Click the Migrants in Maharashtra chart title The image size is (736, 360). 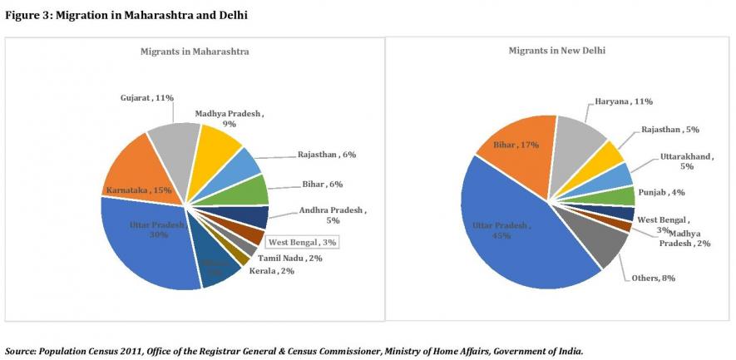tap(195, 52)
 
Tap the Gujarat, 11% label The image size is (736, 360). tap(146, 97)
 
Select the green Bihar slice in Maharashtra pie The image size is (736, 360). tap(249, 189)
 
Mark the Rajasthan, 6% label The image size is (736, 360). tap(326, 155)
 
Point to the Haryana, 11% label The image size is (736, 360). tap(623, 101)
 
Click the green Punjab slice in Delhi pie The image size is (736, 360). tap(622, 197)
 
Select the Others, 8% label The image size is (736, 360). tap(657, 278)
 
